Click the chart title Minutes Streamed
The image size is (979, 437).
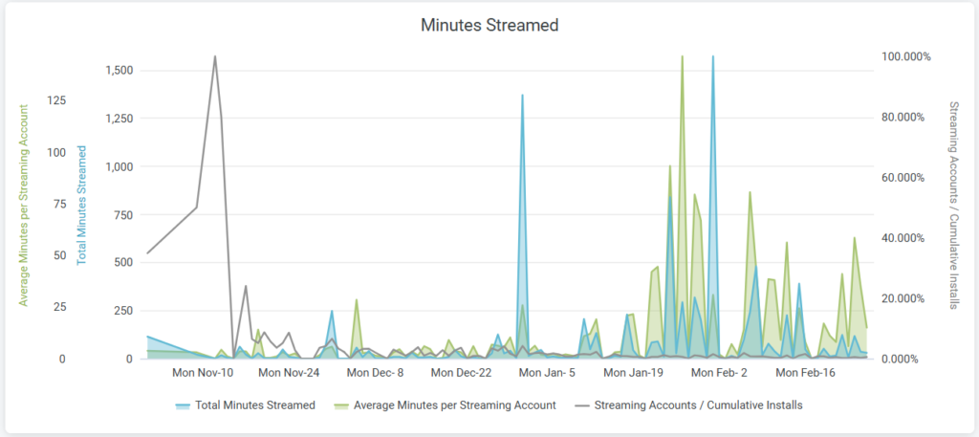coord(489,26)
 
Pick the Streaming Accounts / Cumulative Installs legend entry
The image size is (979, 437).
coord(698,405)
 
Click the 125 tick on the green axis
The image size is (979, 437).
coord(56,100)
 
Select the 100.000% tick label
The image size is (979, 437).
coord(905,56)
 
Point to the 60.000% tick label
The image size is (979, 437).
coord(905,178)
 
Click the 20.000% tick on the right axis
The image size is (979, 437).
coord(905,298)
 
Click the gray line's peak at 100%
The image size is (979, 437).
coord(215,56)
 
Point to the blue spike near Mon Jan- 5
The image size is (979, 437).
coord(522,95)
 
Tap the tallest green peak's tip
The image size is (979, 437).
coord(682,56)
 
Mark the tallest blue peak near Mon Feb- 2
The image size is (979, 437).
coord(712,56)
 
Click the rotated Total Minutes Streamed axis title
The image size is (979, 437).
coord(82,205)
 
